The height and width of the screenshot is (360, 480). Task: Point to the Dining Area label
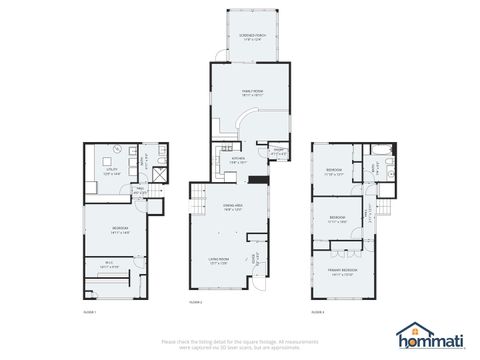[234, 207]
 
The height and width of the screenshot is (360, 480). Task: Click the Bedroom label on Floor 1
[118, 229]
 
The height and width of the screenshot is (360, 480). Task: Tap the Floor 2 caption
[196, 301]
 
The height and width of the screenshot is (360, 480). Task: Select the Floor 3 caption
[317, 313]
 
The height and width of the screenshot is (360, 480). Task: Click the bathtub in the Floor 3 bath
[384, 151]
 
